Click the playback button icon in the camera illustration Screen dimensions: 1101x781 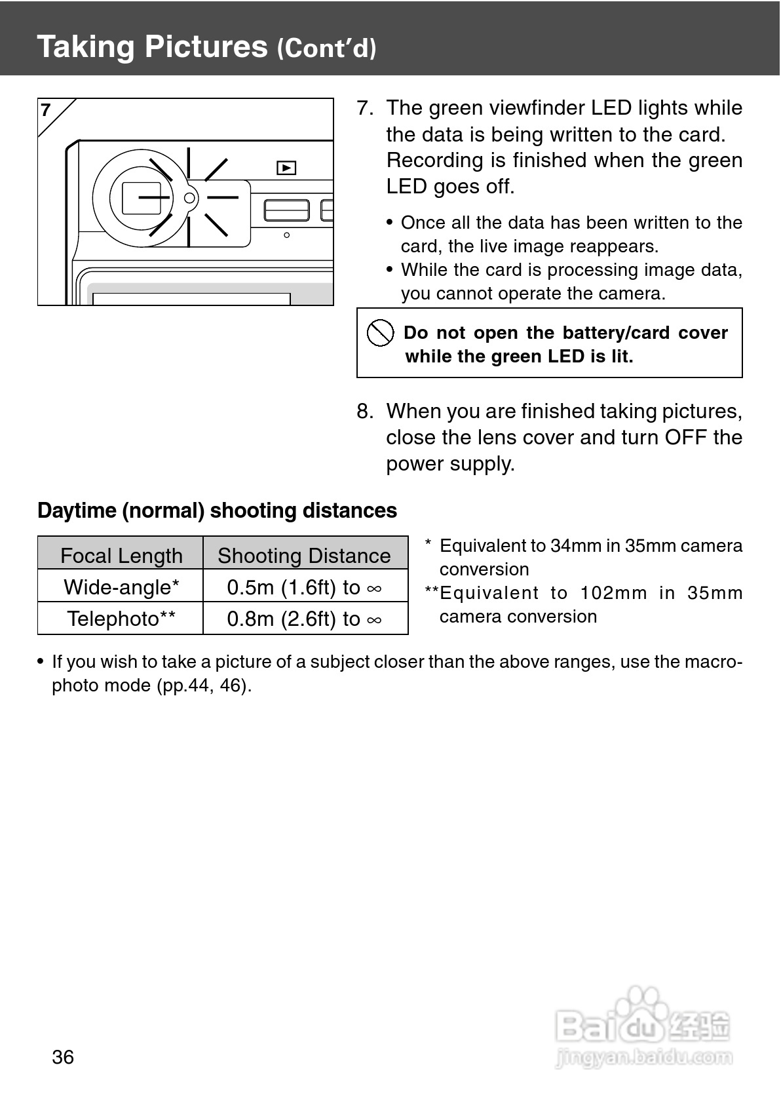[286, 168]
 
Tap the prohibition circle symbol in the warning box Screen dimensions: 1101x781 [380, 334]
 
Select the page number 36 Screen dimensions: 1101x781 [63, 1057]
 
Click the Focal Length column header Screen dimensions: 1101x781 [121, 556]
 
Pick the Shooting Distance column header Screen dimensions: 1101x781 [304, 556]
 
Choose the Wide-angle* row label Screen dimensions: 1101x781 [121, 587]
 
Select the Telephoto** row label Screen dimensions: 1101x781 [121, 619]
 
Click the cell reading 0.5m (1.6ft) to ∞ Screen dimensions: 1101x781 [304, 587]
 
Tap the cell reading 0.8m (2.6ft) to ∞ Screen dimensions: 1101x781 [304, 619]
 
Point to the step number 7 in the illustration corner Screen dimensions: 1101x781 [46, 110]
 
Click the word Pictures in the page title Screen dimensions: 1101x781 [206, 47]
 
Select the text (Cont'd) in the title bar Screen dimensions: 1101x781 [326, 48]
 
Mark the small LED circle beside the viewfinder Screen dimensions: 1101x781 [189, 197]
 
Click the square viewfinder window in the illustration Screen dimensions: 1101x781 [142, 198]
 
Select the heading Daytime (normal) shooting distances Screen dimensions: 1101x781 [217, 511]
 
